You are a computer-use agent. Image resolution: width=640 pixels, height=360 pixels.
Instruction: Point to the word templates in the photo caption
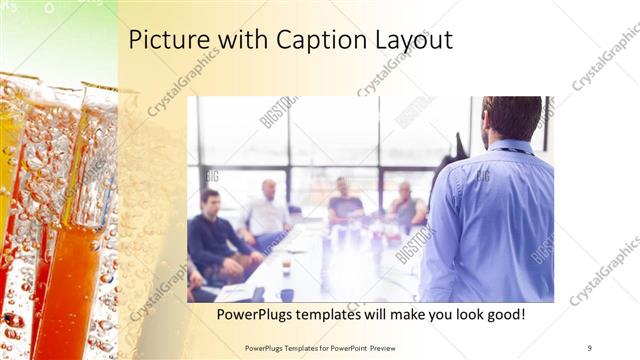[341, 316]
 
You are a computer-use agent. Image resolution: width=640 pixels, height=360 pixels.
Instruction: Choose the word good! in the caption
[504, 316]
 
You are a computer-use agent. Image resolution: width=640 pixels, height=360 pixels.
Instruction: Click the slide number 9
[589, 347]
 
